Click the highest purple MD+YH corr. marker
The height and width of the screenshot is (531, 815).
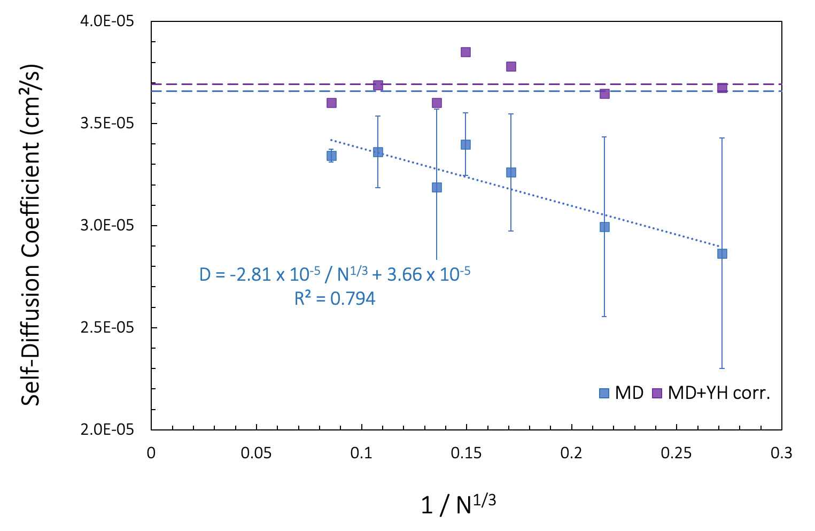point(465,52)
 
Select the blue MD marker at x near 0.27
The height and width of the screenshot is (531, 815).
point(722,253)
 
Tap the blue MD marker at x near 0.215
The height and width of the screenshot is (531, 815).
point(604,227)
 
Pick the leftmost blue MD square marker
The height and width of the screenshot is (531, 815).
point(331,156)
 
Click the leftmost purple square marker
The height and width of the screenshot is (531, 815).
point(331,103)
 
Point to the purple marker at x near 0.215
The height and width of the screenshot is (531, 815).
point(604,94)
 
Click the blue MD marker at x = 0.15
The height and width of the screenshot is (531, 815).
point(465,144)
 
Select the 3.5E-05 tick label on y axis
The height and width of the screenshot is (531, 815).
point(107,124)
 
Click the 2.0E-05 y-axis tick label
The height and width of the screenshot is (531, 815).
point(107,429)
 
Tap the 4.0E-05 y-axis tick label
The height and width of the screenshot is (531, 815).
point(107,21)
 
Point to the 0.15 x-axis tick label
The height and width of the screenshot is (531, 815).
point(466,453)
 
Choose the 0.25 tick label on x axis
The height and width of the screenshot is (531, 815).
point(676,453)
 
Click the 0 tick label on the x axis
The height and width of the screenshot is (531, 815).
point(151,453)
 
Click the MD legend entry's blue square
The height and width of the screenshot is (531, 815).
point(604,394)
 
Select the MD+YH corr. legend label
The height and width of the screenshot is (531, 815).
point(719,393)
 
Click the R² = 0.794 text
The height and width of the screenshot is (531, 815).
point(335,298)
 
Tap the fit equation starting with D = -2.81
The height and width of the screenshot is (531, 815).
point(335,274)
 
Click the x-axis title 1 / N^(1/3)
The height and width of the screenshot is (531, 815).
point(459,504)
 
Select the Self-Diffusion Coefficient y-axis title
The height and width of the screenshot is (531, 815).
point(31,235)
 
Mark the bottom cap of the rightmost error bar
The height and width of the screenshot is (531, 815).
point(722,368)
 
